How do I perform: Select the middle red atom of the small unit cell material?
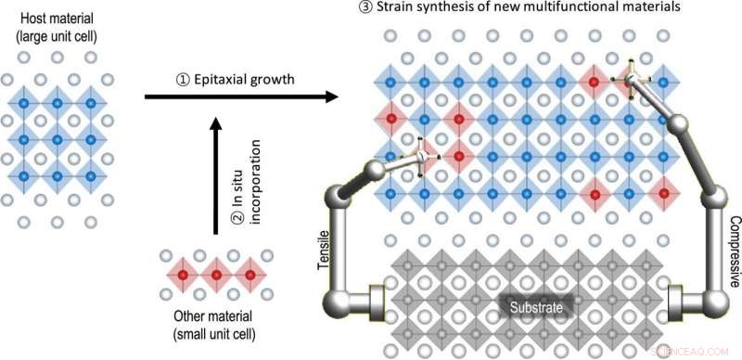pos(216,276)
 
